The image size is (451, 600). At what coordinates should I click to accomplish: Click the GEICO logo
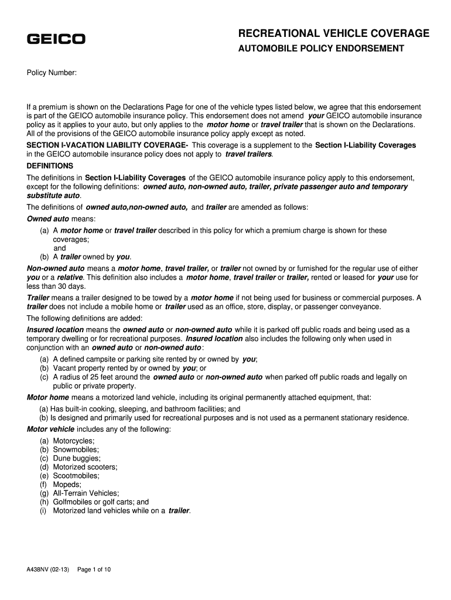click(x=56, y=39)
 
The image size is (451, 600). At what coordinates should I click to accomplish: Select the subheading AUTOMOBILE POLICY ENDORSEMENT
click(x=320, y=49)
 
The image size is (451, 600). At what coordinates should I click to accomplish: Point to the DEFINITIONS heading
click(x=50, y=166)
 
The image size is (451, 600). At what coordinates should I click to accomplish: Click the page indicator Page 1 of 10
click(x=94, y=569)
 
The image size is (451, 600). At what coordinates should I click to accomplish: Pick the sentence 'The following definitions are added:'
click(x=84, y=318)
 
